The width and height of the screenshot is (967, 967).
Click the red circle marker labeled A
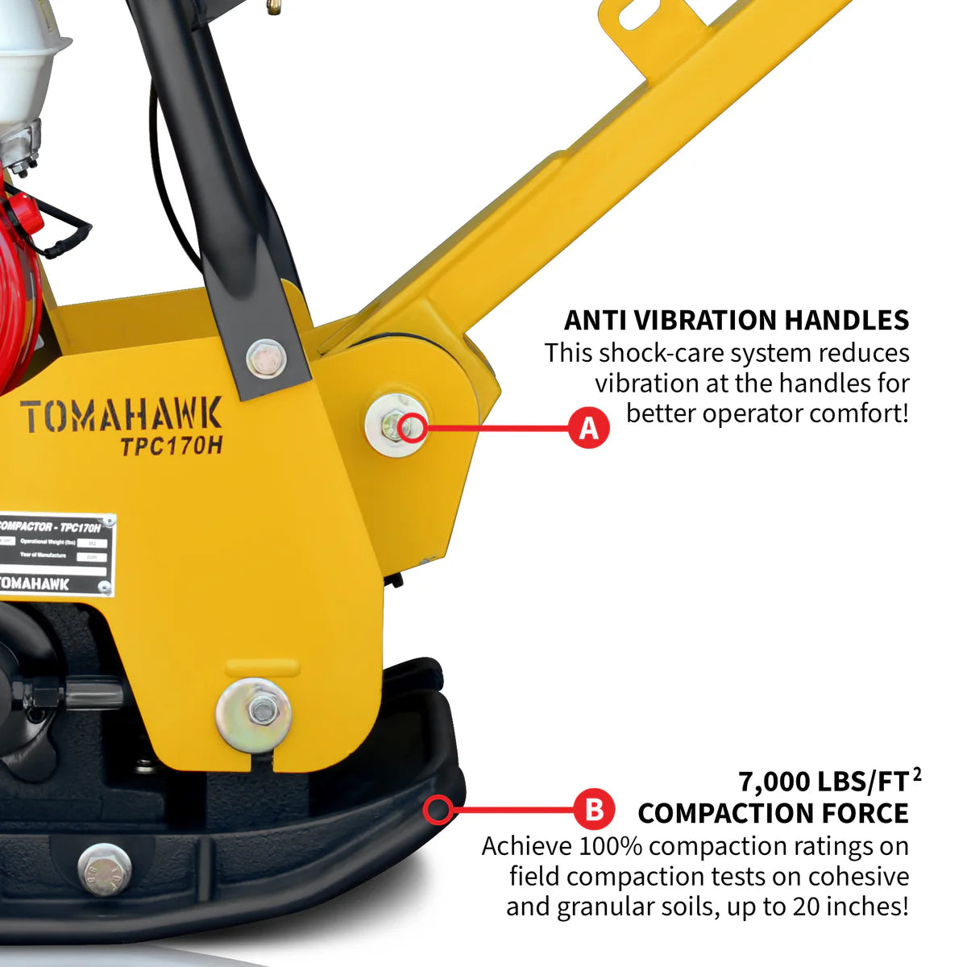pos(589,428)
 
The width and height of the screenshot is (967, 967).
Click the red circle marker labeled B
pos(594,808)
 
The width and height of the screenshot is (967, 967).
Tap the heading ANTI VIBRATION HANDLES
pos(736,320)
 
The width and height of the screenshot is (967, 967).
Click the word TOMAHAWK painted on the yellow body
pos(120,417)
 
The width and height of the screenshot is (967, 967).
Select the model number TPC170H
pos(171,446)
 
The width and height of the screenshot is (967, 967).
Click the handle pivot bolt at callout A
pos(396,425)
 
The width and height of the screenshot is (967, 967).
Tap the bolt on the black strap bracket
pos(265,359)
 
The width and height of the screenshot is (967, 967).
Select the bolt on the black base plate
pos(104,869)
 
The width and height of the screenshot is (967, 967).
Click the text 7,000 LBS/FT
pos(822,782)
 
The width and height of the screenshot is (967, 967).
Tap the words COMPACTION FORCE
pos(773,813)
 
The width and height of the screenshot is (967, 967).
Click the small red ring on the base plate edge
pos(438,808)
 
